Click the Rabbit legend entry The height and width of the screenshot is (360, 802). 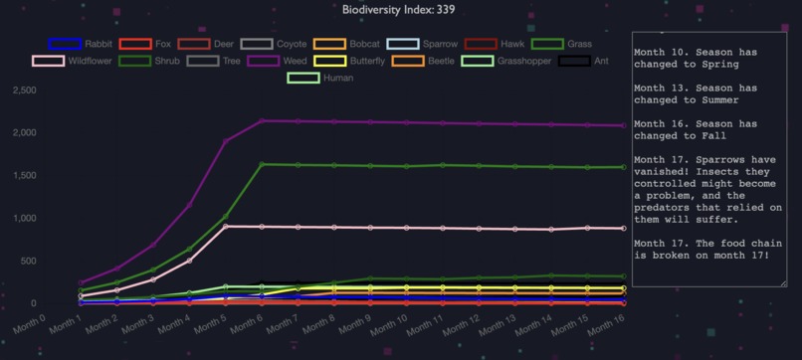[81, 44]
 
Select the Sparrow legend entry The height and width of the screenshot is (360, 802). [422, 44]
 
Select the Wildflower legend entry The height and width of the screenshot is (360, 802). [73, 61]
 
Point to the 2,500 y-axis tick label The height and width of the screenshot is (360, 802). [22, 90]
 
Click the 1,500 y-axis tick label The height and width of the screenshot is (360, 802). [22, 176]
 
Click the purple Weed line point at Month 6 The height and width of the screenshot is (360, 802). [262, 121]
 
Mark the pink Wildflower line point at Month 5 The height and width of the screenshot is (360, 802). [226, 227]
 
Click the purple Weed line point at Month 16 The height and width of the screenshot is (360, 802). [623, 125]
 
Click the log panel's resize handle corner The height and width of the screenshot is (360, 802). [783, 283]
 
